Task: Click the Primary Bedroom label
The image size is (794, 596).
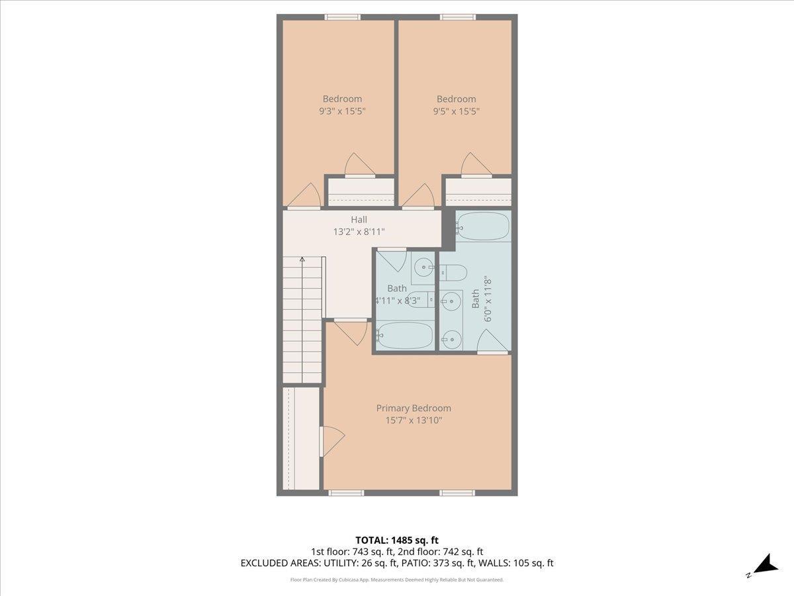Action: [x=414, y=408]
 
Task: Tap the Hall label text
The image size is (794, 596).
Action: [x=359, y=219]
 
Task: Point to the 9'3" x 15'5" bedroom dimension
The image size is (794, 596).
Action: [x=342, y=111]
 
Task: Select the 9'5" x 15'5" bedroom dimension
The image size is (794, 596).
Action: [x=457, y=111]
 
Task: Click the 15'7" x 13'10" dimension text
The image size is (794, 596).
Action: [x=414, y=420]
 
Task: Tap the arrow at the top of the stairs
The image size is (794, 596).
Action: [x=302, y=259]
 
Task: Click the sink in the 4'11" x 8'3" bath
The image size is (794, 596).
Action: [x=424, y=268]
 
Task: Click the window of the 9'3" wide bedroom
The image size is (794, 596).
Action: [x=342, y=17]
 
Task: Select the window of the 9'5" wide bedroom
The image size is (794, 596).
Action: [x=458, y=17]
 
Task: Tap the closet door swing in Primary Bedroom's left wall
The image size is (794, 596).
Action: [x=332, y=442]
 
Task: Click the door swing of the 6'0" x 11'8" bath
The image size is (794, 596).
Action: [x=492, y=340]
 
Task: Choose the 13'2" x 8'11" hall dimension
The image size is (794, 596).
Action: [x=359, y=232]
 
